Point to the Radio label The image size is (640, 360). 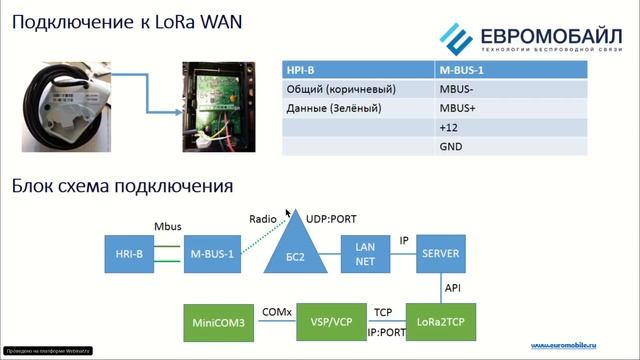click(x=262, y=216)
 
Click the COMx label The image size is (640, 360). click(x=276, y=312)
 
